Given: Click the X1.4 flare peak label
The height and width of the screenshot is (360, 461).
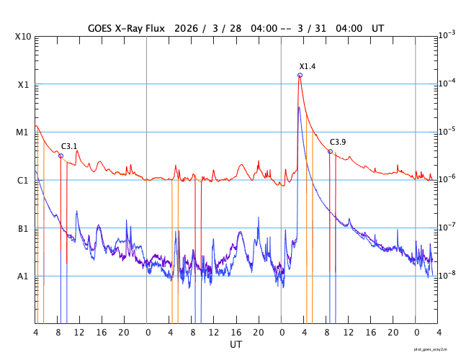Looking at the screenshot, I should [308, 66].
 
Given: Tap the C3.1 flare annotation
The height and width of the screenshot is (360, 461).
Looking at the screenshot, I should [69, 146].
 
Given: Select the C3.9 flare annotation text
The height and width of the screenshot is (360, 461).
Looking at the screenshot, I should [338, 142].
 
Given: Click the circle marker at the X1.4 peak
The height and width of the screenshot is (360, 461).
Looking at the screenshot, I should [300, 75].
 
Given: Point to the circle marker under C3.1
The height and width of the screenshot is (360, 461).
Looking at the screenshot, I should [61, 156].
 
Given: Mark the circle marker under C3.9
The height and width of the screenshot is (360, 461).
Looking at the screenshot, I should [330, 151].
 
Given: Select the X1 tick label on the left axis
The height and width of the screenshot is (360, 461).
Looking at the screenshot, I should [23, 84].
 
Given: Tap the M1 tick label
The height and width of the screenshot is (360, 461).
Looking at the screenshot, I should [23, 132].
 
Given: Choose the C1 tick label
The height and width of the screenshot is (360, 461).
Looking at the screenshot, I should [23, 180].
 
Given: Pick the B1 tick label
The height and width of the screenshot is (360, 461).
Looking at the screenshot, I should [23, 228].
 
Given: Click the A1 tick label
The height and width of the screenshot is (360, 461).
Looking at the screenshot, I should [23, 276].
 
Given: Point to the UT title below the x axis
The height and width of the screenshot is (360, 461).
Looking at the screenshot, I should [236, 345].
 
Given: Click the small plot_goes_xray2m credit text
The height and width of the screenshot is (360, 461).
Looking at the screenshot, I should [435, 348].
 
